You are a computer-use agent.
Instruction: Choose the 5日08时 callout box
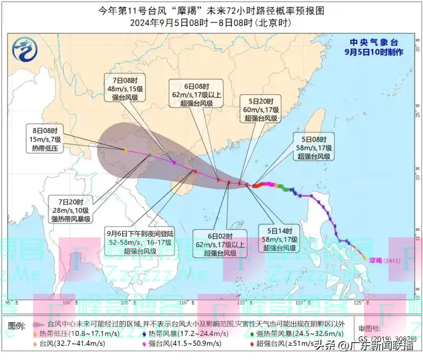point(313,147)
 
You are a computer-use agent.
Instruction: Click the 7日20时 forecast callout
point(71,209)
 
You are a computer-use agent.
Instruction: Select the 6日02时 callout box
point(219,244)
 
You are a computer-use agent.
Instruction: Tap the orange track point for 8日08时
point(125,150)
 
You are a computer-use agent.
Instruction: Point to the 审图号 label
point(369,328)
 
